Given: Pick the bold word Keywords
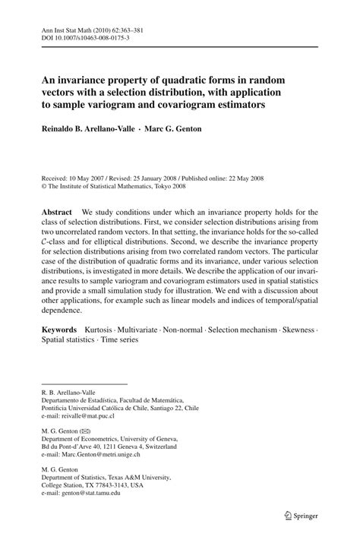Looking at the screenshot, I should tap(60, 330).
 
